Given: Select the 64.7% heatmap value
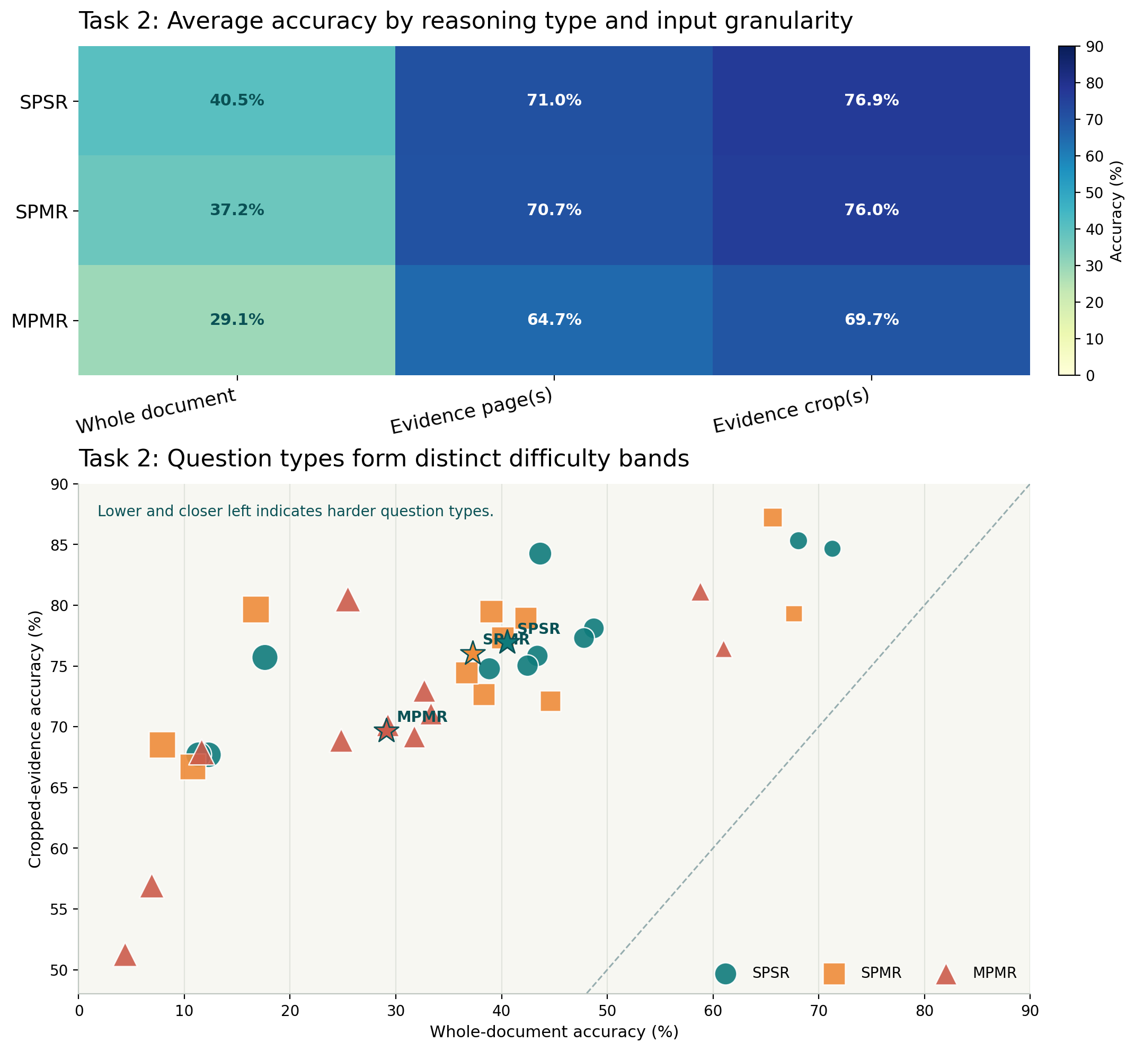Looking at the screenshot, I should (x=554, y=320).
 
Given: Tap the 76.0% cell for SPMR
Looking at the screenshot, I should (x=871, y=210).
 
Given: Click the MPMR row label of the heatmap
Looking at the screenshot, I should (x=39, y=321).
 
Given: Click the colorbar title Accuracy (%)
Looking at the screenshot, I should (x=1116, y=211).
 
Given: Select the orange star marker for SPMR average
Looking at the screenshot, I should (x=472, y=654).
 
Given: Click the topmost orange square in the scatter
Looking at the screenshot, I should (x=772, y=517).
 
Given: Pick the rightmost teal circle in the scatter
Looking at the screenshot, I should (x=832, y=549).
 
